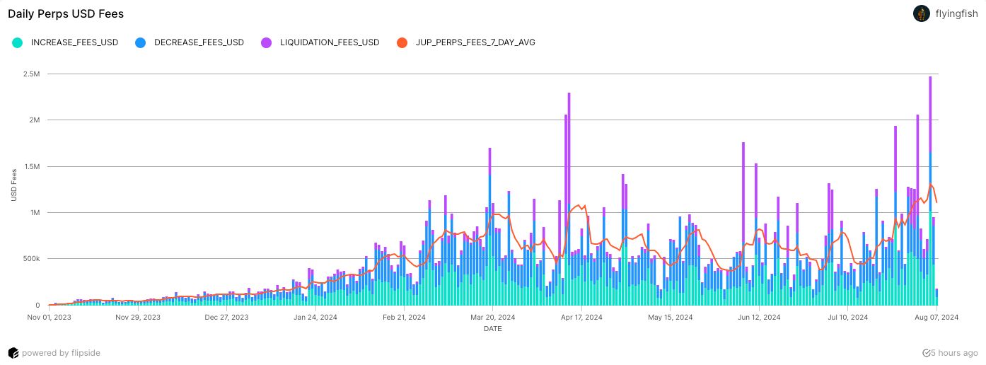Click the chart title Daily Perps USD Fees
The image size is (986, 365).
pos(66,13)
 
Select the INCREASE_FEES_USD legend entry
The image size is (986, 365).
pos(74,42)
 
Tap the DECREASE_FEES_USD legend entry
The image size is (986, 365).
pos(199,42)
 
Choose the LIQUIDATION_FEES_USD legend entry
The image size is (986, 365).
pos(330,42)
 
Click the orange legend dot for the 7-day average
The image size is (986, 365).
pos(402,42)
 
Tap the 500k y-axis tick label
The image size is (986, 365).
pos(33,259)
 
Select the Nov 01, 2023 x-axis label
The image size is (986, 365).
pos(50,318)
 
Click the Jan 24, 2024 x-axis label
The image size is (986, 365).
pos(315,318)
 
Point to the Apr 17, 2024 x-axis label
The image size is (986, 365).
pos(581,318)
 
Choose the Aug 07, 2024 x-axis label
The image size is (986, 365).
pos(936,318)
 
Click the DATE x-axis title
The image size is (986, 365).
pos(493,329)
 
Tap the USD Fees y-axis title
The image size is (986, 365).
pos(14,185)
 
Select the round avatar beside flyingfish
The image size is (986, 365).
pos(922,13)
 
